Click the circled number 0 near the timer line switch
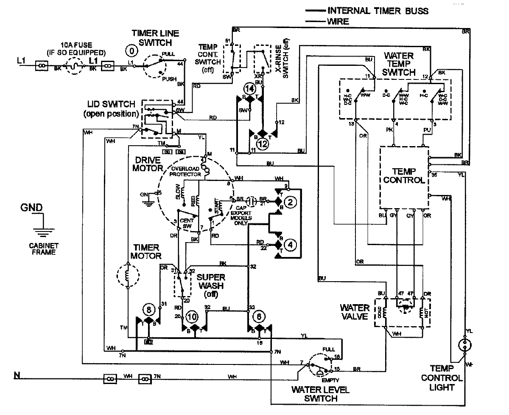132,51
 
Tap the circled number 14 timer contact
250,89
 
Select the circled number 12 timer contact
263,144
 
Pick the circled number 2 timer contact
290,203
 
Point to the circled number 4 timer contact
290,245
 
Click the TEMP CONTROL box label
403,175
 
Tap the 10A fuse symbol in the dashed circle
75,65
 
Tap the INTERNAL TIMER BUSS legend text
378,11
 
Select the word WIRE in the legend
338,21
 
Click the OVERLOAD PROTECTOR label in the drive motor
185,171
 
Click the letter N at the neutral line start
17,375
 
